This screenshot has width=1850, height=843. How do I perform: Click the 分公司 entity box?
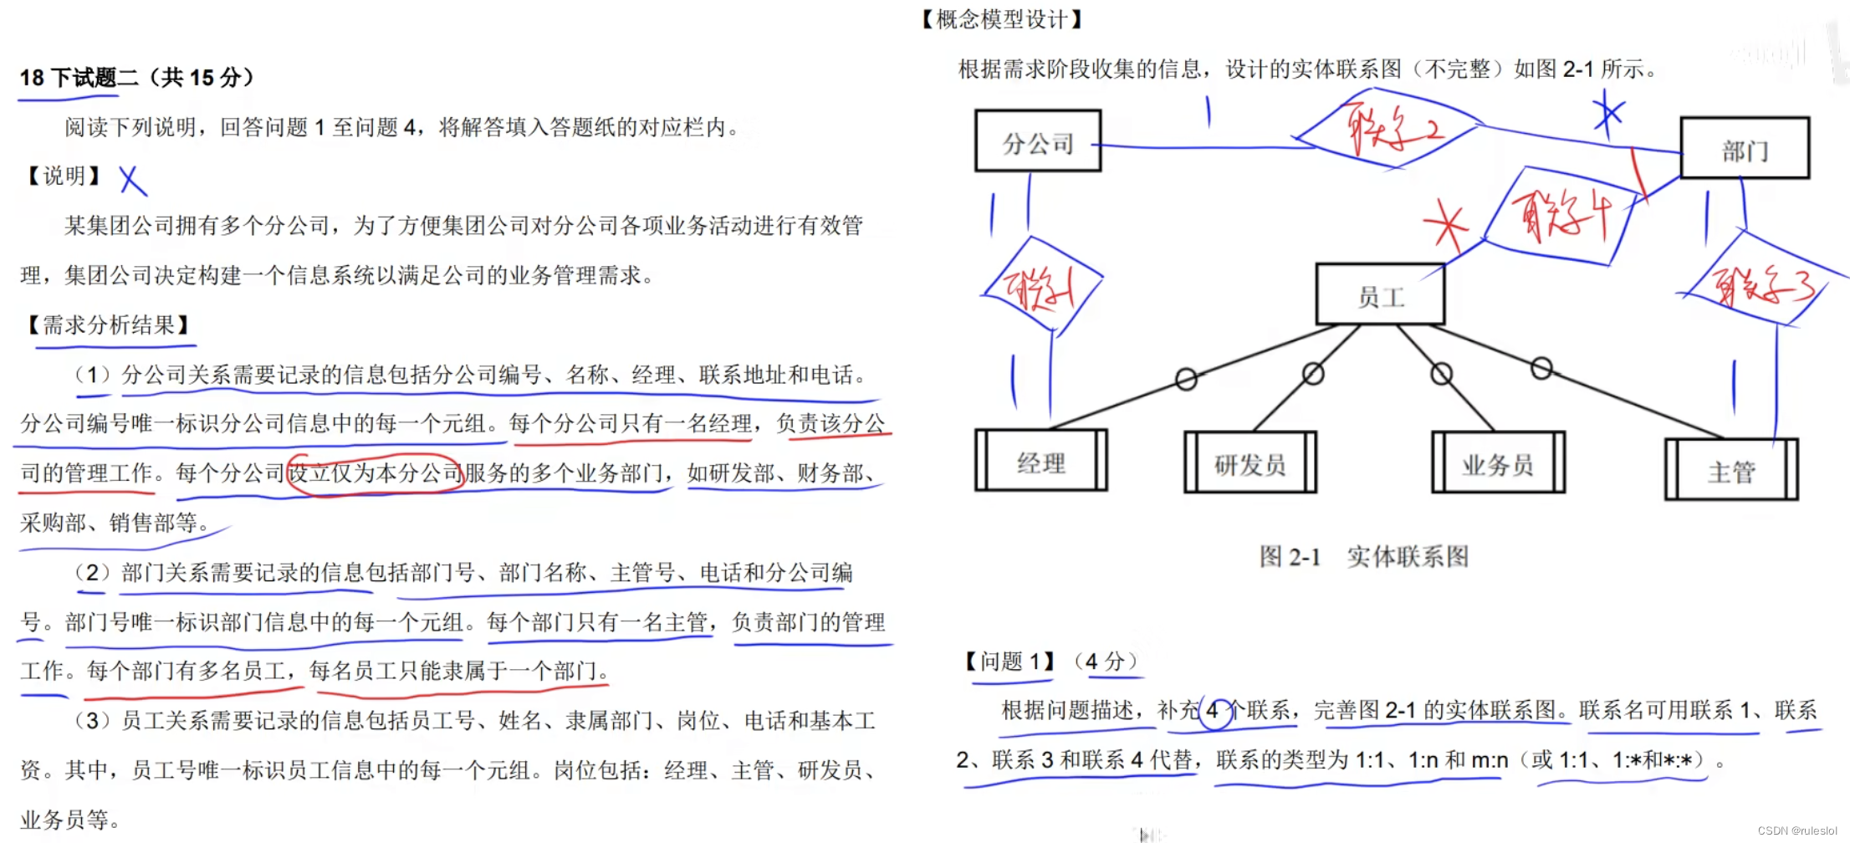1038,141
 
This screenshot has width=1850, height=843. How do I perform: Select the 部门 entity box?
1745,149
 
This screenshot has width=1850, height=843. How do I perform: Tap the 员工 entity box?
1380,295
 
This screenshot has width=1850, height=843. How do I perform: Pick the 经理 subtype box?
1041,462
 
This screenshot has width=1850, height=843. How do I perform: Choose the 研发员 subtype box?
1250,463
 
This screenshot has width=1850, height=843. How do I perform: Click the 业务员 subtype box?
1498,463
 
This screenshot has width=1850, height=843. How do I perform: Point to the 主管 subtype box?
1731,471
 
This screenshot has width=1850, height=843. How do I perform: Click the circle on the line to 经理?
1186,379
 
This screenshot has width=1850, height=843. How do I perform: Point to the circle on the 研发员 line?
1313,374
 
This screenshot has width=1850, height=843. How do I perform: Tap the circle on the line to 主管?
1541,368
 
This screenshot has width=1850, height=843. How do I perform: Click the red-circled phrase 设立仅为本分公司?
376,473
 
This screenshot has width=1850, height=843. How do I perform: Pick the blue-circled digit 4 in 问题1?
1213,712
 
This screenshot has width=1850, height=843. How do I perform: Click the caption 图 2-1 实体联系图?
1363,557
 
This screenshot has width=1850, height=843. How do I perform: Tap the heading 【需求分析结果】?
109,325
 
